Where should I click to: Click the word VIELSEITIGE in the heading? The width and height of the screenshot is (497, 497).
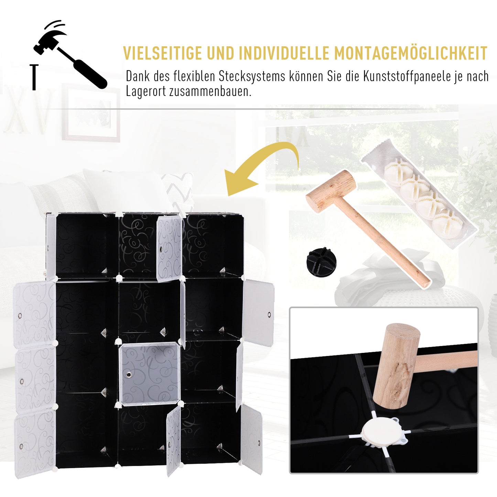(162, 53)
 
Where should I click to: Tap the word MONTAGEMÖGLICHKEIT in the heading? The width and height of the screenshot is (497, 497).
(411, 53)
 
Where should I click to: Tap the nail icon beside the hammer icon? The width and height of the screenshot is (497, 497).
(34, 77)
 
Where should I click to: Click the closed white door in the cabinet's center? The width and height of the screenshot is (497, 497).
(150, 374)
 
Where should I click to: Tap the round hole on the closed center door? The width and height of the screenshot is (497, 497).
(129, 374)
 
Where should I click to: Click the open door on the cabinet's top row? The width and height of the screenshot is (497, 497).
(169, 248)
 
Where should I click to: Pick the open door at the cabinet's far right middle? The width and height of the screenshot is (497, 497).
(259, 312)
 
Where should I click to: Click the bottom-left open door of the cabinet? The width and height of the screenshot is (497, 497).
(35, 442)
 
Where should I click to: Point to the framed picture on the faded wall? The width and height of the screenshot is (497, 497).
(91, 113)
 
